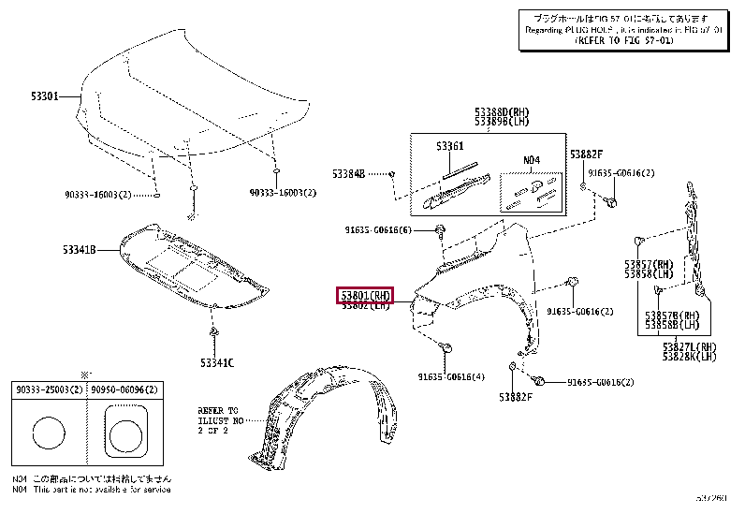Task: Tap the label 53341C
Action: click(215, 362)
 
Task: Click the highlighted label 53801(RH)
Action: click(365, 296)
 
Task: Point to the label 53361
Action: click(449, 147)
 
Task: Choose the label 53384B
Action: click(347, 173)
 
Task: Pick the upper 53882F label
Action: click(587, 154)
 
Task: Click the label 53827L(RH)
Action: click(689, 346)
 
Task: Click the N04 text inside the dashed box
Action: click(531, 160)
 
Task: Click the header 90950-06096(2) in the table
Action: click(124, 389)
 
